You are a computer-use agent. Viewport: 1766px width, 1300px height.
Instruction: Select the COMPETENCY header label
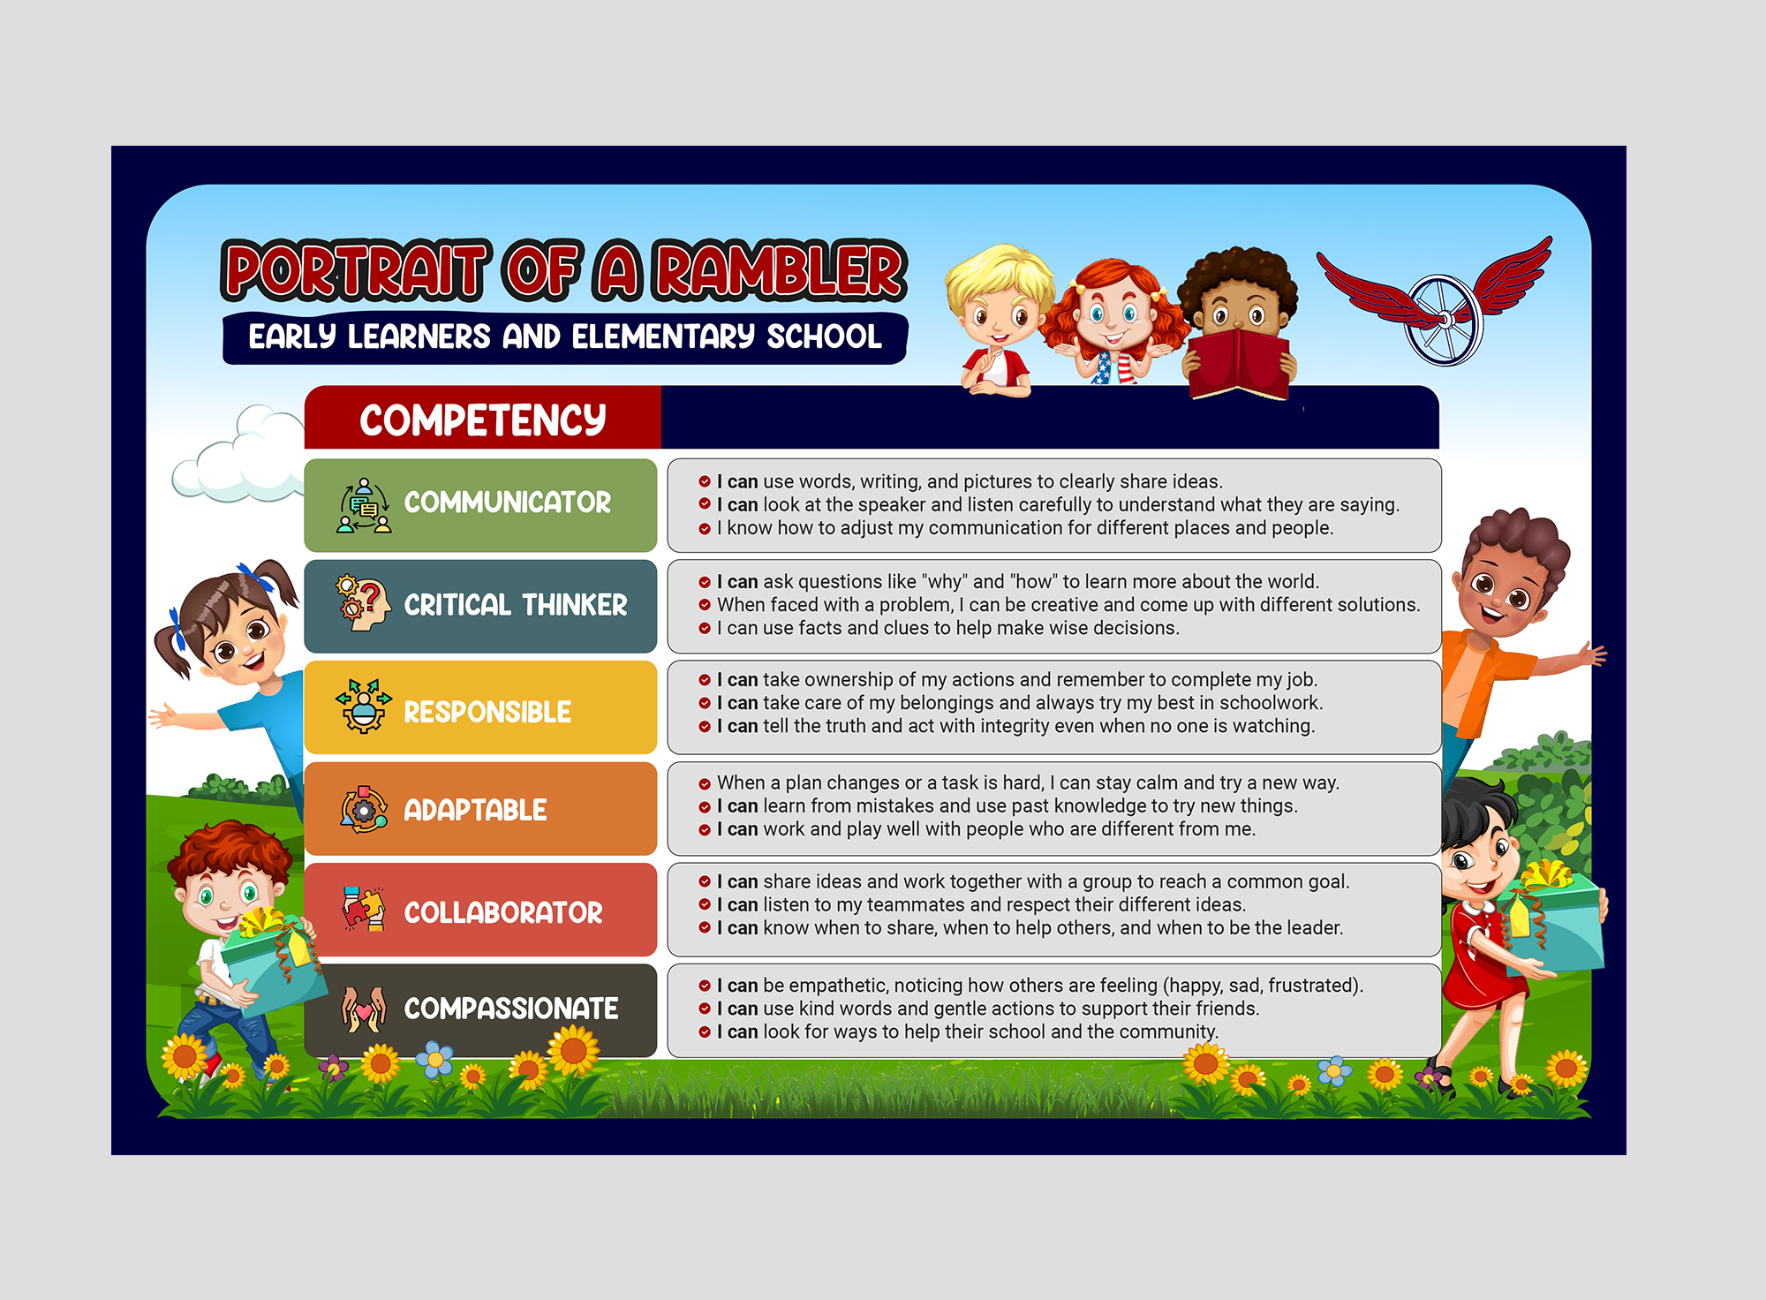482,419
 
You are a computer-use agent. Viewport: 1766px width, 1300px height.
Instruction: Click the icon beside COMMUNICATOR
364,506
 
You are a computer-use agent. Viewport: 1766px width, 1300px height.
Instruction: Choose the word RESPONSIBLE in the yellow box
487,712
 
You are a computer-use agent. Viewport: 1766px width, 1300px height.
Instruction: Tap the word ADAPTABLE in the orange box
475,810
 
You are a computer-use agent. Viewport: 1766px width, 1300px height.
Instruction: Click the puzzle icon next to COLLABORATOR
364,909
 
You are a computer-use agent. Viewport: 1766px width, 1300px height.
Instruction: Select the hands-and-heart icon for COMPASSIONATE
364,1009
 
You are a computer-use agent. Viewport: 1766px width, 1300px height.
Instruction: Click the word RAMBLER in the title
781,270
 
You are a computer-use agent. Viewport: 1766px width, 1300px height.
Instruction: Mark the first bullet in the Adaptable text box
705,783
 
